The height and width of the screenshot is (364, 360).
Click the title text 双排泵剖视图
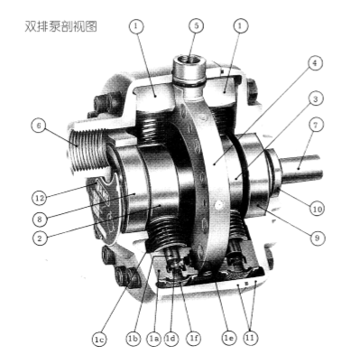(x=60, y=26)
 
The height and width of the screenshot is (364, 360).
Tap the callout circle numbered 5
(x=196, y=26)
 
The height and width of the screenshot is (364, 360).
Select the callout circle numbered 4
(x=315, y=63)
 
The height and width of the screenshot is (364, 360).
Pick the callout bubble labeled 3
(x=315, y=99)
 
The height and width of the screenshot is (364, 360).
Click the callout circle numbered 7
(x=315, y=125)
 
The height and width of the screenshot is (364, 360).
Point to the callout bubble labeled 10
(x=317, y=209)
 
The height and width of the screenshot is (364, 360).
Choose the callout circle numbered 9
(x=317, y=238)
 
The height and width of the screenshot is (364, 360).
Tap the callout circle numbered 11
(x=250, y=338)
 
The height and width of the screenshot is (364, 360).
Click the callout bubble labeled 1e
(x=228, y=338)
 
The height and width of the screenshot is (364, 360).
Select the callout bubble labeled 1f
(x=194, y=339)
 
